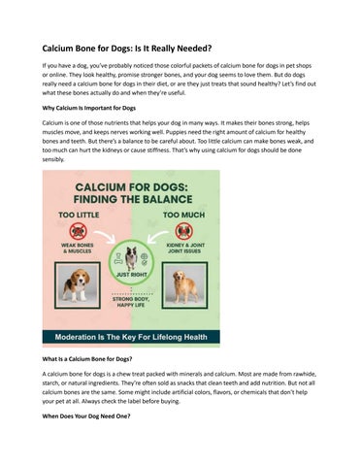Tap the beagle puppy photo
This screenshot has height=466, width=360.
pyautogui.click(x=77, y=283)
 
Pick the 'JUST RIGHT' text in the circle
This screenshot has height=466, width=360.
pyautogui.click(x=131, y=275)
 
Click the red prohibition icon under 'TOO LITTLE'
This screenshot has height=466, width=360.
pyautogui.click(x=78, y=231)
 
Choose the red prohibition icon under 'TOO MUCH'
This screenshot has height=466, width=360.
pyautogui.click(x=184, y=231)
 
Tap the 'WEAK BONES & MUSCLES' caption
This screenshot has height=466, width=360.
pyautogui.click(x=78, y=250)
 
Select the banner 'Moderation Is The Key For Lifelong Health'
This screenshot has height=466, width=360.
pyautogui.click(x=131, y=336)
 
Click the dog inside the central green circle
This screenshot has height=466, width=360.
pyautogui.click(x=131, y=257)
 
